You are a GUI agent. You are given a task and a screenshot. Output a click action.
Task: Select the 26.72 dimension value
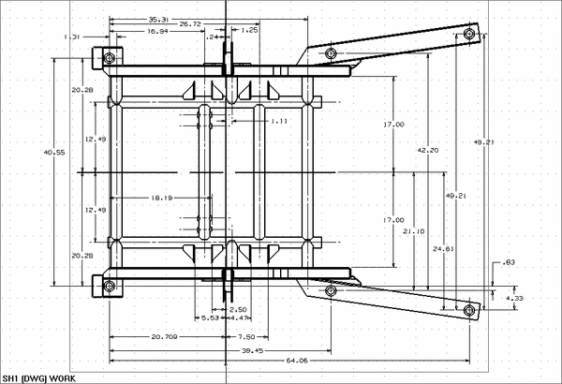(190, 24)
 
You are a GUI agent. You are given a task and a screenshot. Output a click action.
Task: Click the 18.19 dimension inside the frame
(161, 199)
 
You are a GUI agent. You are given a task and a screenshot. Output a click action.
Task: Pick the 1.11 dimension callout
(279, 121)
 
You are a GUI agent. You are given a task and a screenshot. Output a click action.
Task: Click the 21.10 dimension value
(412, 231)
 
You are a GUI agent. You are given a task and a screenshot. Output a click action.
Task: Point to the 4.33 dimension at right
(514, 298)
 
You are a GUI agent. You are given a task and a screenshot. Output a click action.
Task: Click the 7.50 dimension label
(246, 336)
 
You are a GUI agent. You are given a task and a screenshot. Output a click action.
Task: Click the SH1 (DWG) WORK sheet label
(38, 377)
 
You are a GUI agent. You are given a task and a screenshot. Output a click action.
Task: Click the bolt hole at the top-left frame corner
(110, 58)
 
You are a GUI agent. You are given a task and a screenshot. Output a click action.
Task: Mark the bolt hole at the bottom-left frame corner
(110, 285)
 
